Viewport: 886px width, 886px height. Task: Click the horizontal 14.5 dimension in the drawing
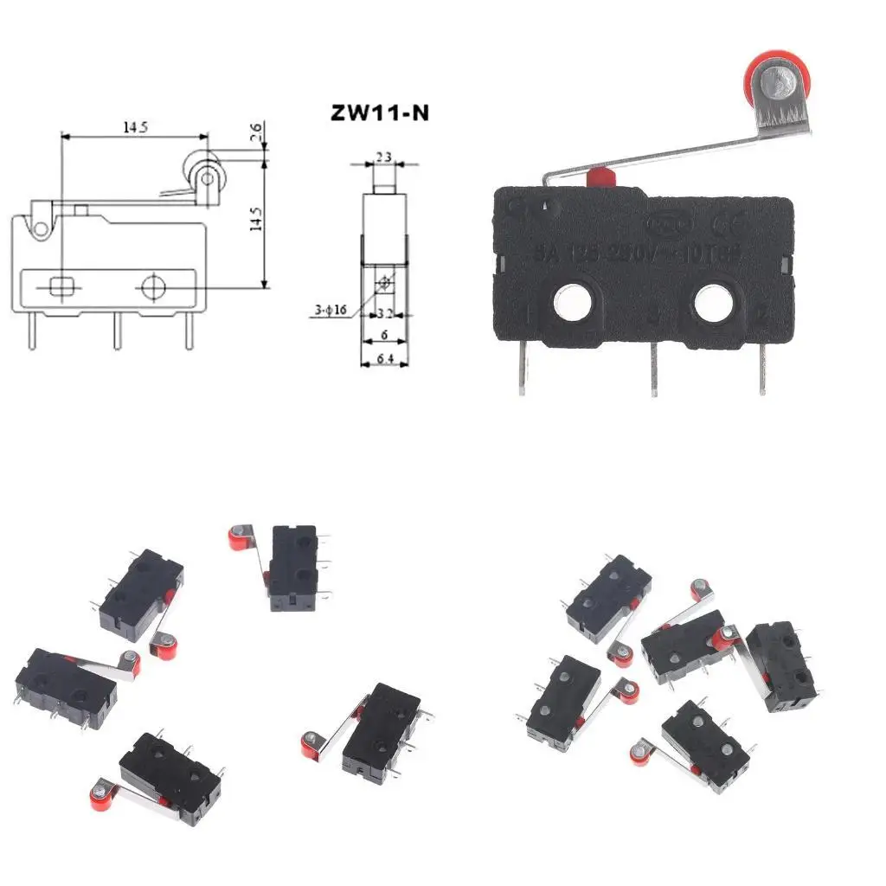pyautogui.click(x=133, y=127)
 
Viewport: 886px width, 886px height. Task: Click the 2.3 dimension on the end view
pyautogui.click(x=383, y=157)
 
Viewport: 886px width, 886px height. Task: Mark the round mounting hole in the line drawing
pyautogui.click(x=154, y=286)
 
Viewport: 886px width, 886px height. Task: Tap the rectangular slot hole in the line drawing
pyautogui.click(x=62, y=286)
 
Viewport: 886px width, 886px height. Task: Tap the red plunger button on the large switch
pyautogui.click(x=599, y=177)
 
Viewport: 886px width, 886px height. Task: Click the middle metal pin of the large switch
pyautogui.click(x=654, y=367)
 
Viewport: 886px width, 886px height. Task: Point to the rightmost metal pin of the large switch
pyautogui.click(x=762, y=367)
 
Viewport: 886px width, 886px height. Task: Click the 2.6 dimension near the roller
pyautogui.click(x=255, y=132)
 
